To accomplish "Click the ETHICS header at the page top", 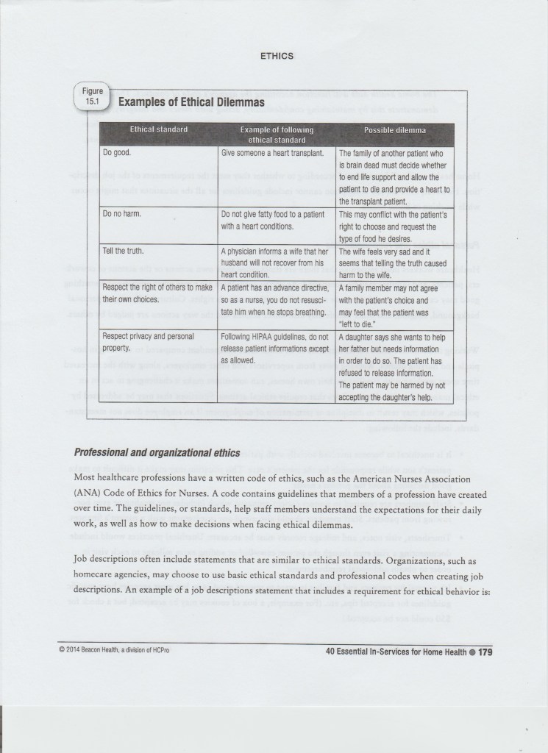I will point(277,54).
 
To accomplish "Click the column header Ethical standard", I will point(159,130).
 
